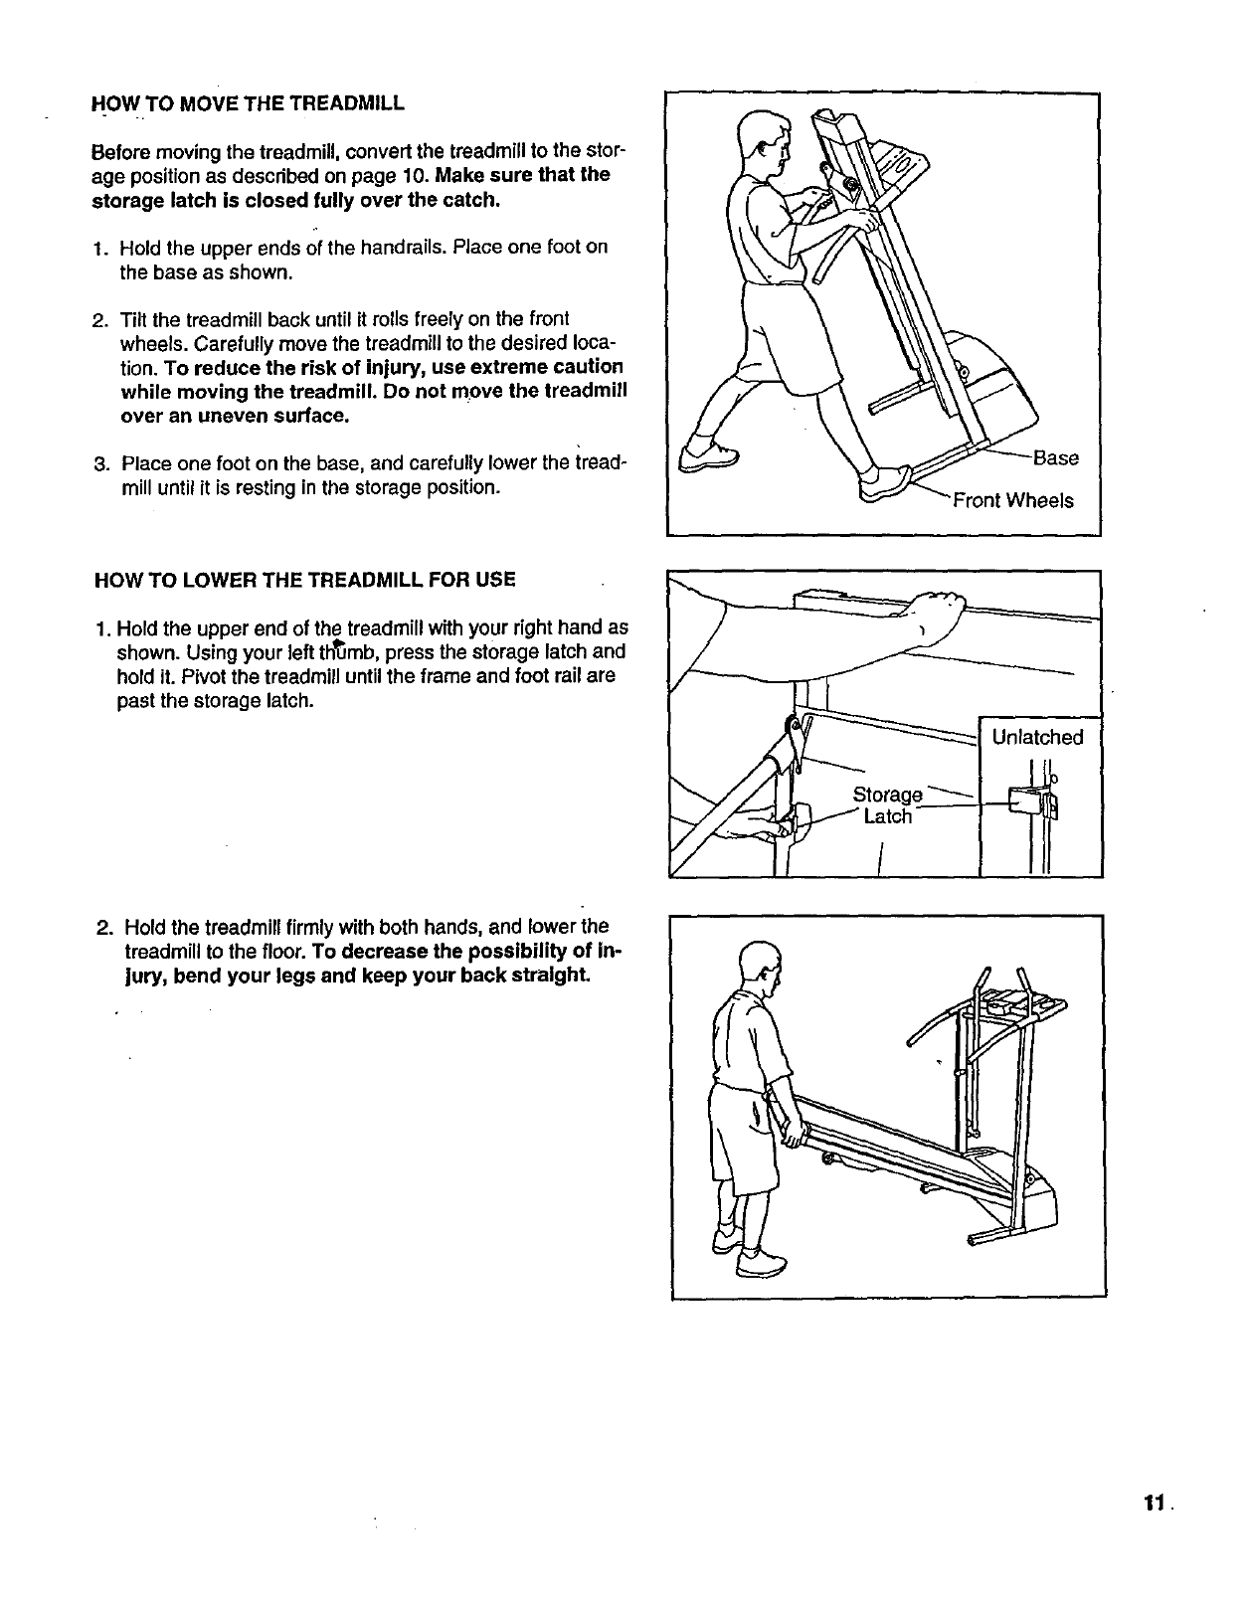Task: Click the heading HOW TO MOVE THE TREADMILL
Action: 248,103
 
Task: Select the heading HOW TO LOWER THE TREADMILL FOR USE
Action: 304,580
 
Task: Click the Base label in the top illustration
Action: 1056,458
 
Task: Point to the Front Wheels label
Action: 1013,500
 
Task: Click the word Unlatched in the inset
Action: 1037,737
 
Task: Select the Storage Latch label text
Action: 888,805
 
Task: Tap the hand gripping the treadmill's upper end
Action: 937,612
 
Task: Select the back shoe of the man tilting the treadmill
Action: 708,454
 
